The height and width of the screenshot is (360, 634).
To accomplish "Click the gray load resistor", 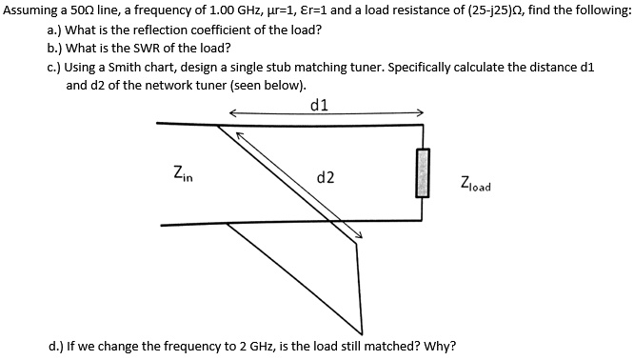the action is (x=423, y=173).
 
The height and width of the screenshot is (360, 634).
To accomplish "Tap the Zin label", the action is (x=183, y=173).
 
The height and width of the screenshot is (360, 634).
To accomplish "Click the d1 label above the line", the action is (x=320, y=106).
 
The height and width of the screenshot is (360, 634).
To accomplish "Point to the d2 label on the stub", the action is (x=326, y=177).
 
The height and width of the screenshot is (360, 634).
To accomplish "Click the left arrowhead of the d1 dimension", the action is (x=232, y=112).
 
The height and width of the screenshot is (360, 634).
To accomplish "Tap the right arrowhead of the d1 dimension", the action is (x=420, y=112).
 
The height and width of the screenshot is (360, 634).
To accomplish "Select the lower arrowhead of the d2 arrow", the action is (x=359, y=235).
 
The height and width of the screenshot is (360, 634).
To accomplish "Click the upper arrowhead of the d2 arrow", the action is (x=240, y=135).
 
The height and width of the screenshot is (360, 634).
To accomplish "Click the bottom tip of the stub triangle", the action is (x=362, y=334).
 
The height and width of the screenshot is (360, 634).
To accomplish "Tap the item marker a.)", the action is (x=54, y=30).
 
